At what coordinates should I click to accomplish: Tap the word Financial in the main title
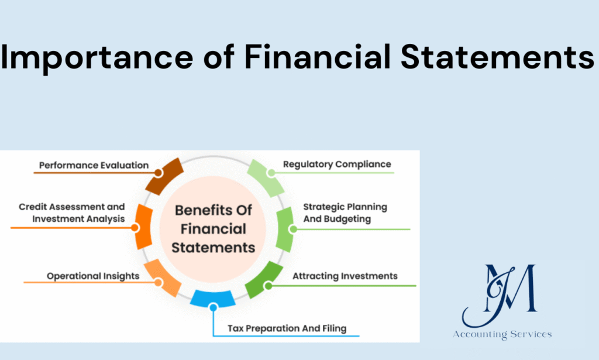point(318,57)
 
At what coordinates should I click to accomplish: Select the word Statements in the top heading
point(497,57)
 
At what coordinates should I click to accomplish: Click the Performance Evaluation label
point(94,166)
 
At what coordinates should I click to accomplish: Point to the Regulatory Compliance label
point(337,164)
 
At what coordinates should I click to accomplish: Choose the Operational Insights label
point(93,276)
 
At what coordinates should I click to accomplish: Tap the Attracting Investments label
point(345,276)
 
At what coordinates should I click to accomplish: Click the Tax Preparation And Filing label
point(287,328)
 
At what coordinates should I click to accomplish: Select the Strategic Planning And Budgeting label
point(345,213)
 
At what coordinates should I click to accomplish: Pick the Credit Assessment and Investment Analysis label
point(72,213)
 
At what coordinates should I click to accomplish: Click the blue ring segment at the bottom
point(213,299)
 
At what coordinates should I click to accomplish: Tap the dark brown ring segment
point(164,176)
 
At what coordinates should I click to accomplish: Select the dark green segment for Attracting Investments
point(264,280)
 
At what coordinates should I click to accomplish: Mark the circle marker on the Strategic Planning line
point(293,229)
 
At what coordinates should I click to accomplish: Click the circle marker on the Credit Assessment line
point(135,228)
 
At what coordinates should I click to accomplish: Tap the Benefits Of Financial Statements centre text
point(213,229)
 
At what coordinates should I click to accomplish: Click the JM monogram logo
point(500,295)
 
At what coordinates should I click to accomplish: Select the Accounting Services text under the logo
point(502,334)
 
